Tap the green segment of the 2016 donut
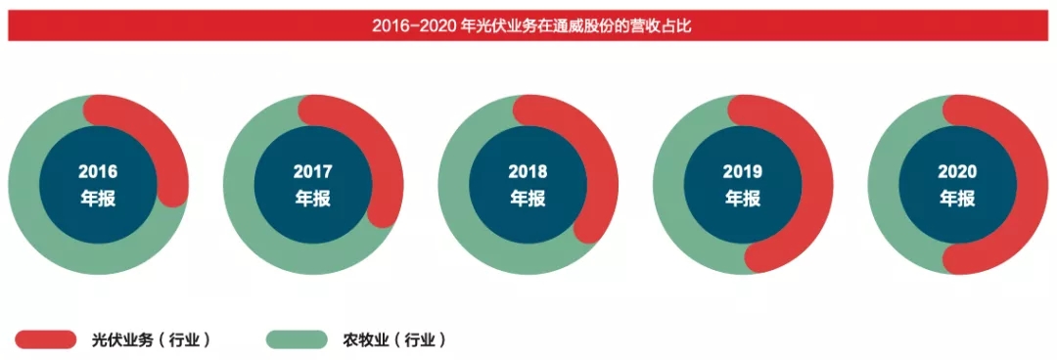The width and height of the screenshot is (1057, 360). pos(39,225)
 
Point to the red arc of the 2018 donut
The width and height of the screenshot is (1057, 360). pos(598,166)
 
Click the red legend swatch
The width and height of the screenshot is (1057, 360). pos(45,339)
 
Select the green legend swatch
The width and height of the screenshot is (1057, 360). pos(297,339)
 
